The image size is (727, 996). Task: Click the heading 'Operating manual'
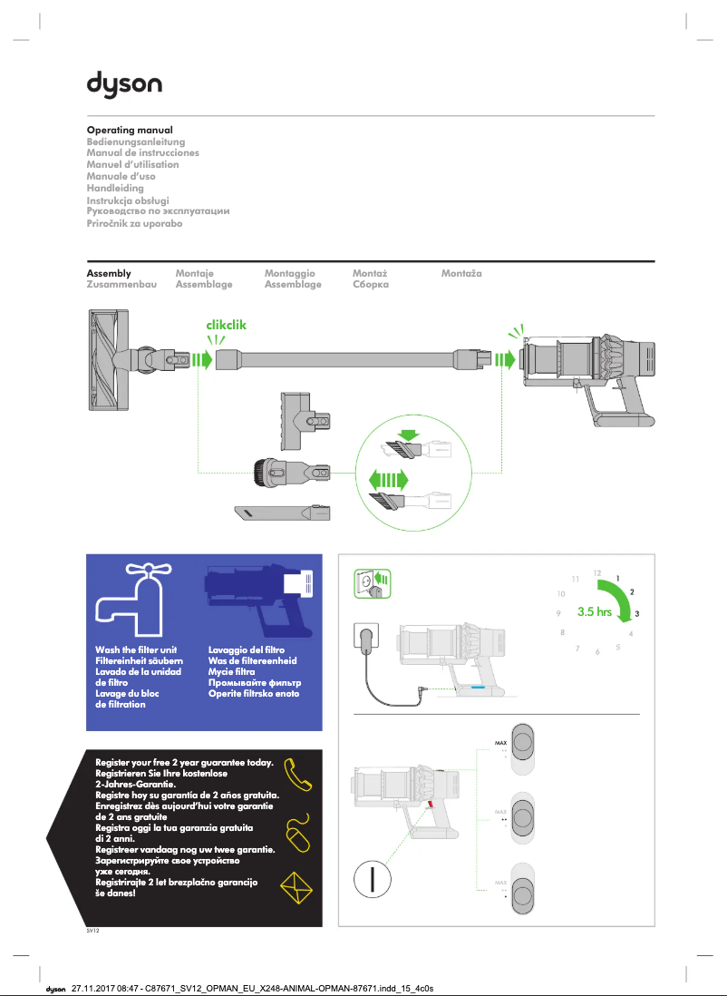coord(130,131)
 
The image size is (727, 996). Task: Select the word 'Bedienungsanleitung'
coord(135,142)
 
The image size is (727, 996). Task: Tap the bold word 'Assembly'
coord(109,273)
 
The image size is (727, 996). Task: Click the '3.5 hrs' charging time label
coord(594,612)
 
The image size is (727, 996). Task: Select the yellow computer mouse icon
coord(297,835)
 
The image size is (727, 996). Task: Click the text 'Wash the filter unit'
coord(135,650)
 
